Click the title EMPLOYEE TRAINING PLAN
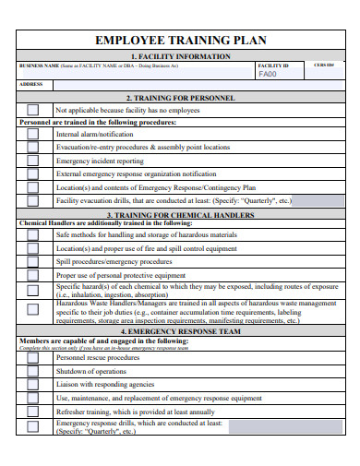[181, 40]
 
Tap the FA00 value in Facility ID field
[267, 74]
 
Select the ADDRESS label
[31, 85]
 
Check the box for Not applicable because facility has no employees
[33, 110]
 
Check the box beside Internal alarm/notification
[33, 134]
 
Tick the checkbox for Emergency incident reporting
[33, 160]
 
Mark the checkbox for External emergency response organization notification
[33, 173]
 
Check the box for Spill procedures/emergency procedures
[33, 261]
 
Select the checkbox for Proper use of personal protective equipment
[33, 275]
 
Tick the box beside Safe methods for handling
[33, 235]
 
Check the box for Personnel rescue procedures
[33, 357]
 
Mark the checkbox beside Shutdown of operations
[33, 370]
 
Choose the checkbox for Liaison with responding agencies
[33, 384]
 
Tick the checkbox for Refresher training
[33, 411]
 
